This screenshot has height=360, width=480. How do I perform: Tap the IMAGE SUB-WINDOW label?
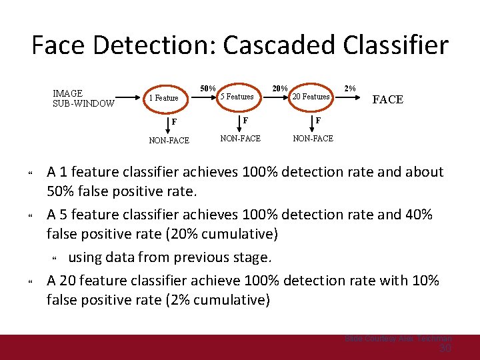pyautogui.click(x=83, y=98)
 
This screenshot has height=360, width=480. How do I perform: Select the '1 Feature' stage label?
pyautogui.click(x=163, y=98)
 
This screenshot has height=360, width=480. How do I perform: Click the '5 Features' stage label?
pyautogui.click(x=237, y=97)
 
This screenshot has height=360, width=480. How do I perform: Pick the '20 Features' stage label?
pyautogui.click(x=312, y=97)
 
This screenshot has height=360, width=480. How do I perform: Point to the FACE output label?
pyautogui.click(x=387, y=99)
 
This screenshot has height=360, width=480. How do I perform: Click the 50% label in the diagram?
pyautogui.click(x=208, y=88)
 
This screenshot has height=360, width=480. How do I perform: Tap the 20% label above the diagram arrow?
pyautogui.click(x=280, y=88)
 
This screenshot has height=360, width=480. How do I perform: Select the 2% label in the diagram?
pyautogui.click(x=350, y=88)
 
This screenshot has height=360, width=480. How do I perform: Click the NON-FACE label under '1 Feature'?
pyautogui.click(x=169, y=141)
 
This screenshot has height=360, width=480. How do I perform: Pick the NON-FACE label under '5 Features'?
pyautogui.click(x=240, y=138)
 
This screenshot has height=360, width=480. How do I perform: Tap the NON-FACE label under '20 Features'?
pyautogui.click(x=313, y=138)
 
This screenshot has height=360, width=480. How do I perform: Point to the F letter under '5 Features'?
pyautogui.click(x=245, y=121)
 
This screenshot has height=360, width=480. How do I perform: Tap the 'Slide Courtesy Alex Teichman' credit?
pyautogui.click(x=398, y=339)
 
